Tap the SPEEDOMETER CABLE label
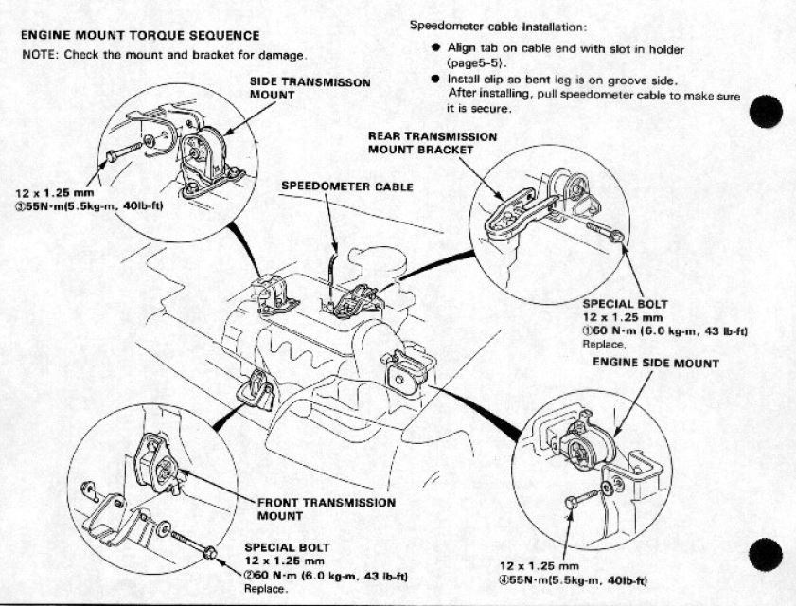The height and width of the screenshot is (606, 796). coord(346,187)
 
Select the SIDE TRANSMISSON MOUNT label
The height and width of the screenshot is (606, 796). coord(310,88)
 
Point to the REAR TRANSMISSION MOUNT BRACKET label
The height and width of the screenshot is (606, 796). coord(432,142)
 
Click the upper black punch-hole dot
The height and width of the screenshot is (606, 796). coord(770,111)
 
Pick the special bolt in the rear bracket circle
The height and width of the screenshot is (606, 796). coord(607,232)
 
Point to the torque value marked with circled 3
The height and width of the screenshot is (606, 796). coord(86,205)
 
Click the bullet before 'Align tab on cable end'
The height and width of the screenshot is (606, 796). coord(434,48)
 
